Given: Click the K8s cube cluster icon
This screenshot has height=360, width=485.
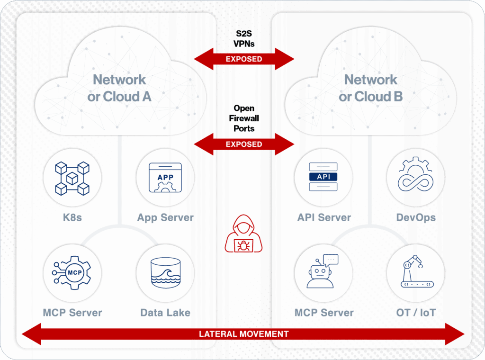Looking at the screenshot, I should (x=72, y=178).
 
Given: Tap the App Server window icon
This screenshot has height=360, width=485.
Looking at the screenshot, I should (x=165, y=178).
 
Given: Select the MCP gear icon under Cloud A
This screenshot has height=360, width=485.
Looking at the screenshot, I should (x=72, y=273).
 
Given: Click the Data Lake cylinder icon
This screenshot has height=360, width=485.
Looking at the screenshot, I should (x=165, y=273).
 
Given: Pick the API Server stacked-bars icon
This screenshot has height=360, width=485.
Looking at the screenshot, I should (x=323, y=177).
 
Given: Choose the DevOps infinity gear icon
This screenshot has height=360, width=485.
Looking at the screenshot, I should (x=416, y=177).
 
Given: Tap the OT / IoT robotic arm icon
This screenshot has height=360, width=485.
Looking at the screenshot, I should (x=416, y=272).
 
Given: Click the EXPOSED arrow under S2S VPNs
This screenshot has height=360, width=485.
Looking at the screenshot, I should (x=244, y=59).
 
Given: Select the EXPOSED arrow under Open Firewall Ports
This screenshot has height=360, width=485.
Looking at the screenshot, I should (x=244, y=144).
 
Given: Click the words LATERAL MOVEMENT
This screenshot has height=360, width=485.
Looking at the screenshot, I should (x=243, y=334).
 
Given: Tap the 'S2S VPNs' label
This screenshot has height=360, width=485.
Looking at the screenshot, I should (x=244, y=40).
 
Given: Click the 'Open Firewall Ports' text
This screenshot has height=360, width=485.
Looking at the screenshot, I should (x=244, y=118).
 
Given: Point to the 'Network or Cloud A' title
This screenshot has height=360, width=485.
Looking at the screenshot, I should (x=119, y=88).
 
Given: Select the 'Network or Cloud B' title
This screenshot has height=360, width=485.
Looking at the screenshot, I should (x=370, y=88).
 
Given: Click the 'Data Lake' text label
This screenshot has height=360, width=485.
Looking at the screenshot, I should (x=165, y=313).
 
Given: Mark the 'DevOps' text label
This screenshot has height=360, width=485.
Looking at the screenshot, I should (x=416, y=218).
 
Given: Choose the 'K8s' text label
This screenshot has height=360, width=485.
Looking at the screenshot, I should (x=72, y=218).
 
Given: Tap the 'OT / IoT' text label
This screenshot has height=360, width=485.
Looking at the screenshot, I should (x=416, y=313).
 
